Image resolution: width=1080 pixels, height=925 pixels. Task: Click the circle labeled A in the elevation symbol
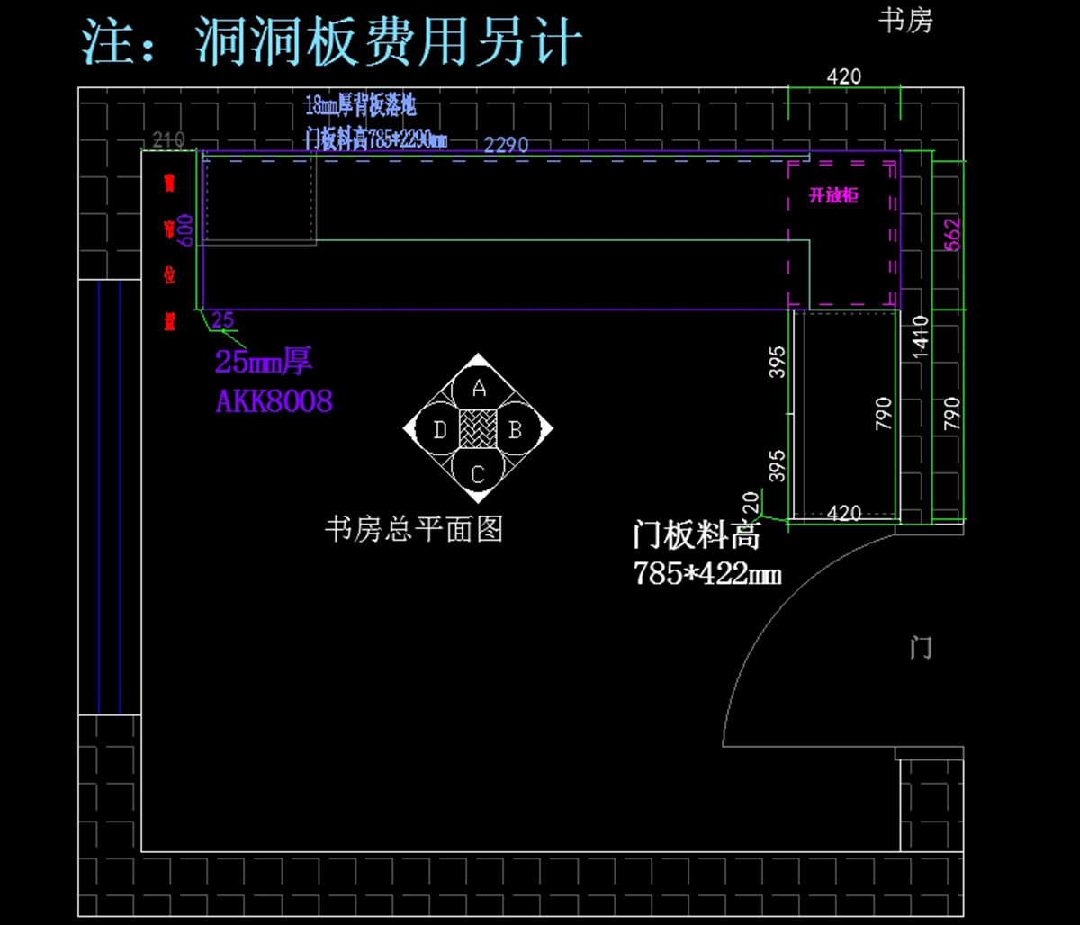[x=479, y=389]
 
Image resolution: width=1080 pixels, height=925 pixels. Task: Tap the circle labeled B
[x=516, y=430]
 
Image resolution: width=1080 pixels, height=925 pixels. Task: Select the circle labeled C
[x=478, y=472]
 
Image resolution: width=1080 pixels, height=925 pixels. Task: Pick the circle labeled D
[x=439, y=430]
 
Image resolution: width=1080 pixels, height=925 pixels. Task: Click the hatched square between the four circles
[x=478, y=429]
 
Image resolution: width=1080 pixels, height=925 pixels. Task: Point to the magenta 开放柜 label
[x=833, y=195]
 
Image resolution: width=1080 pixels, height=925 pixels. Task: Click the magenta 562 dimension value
[x=953, y=234]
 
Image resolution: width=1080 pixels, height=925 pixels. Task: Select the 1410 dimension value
[x=920, y=337]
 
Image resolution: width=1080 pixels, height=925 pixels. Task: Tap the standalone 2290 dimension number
[x=506, y=144]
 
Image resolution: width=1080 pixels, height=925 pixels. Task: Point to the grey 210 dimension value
[x=169, y=139]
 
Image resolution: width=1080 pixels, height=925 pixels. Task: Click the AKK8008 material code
[x=274, y=401]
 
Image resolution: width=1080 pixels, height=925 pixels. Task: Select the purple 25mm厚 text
[x=263, y=362]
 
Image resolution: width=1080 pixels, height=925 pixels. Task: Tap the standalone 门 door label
[x=921, y=647]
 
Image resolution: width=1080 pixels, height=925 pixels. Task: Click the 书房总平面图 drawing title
[x=413, y=529]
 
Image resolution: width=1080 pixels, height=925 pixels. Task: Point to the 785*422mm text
[x=706, y=573]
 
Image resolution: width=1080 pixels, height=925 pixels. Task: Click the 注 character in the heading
[x=110, y=42]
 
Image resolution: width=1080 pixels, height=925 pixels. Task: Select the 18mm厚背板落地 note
[x=360, y=106]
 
